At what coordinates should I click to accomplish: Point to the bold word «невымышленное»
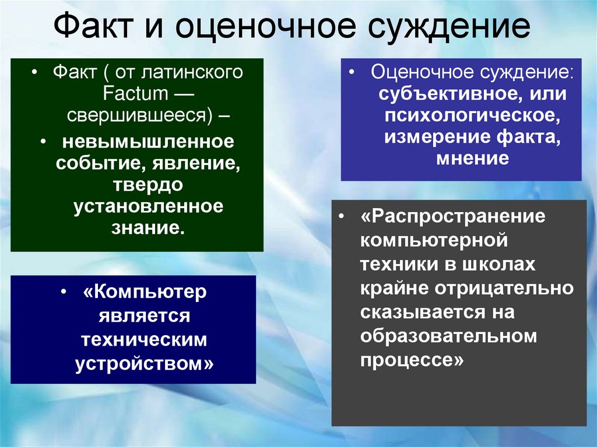pos(148,141)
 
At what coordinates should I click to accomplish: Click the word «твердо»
pos(148,185)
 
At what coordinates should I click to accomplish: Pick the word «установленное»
pos(148,206)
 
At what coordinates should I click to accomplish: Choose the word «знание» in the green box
pos(146,227)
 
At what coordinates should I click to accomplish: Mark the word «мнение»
pos(472,158)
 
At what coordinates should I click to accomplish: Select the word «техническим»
pos(144,339)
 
